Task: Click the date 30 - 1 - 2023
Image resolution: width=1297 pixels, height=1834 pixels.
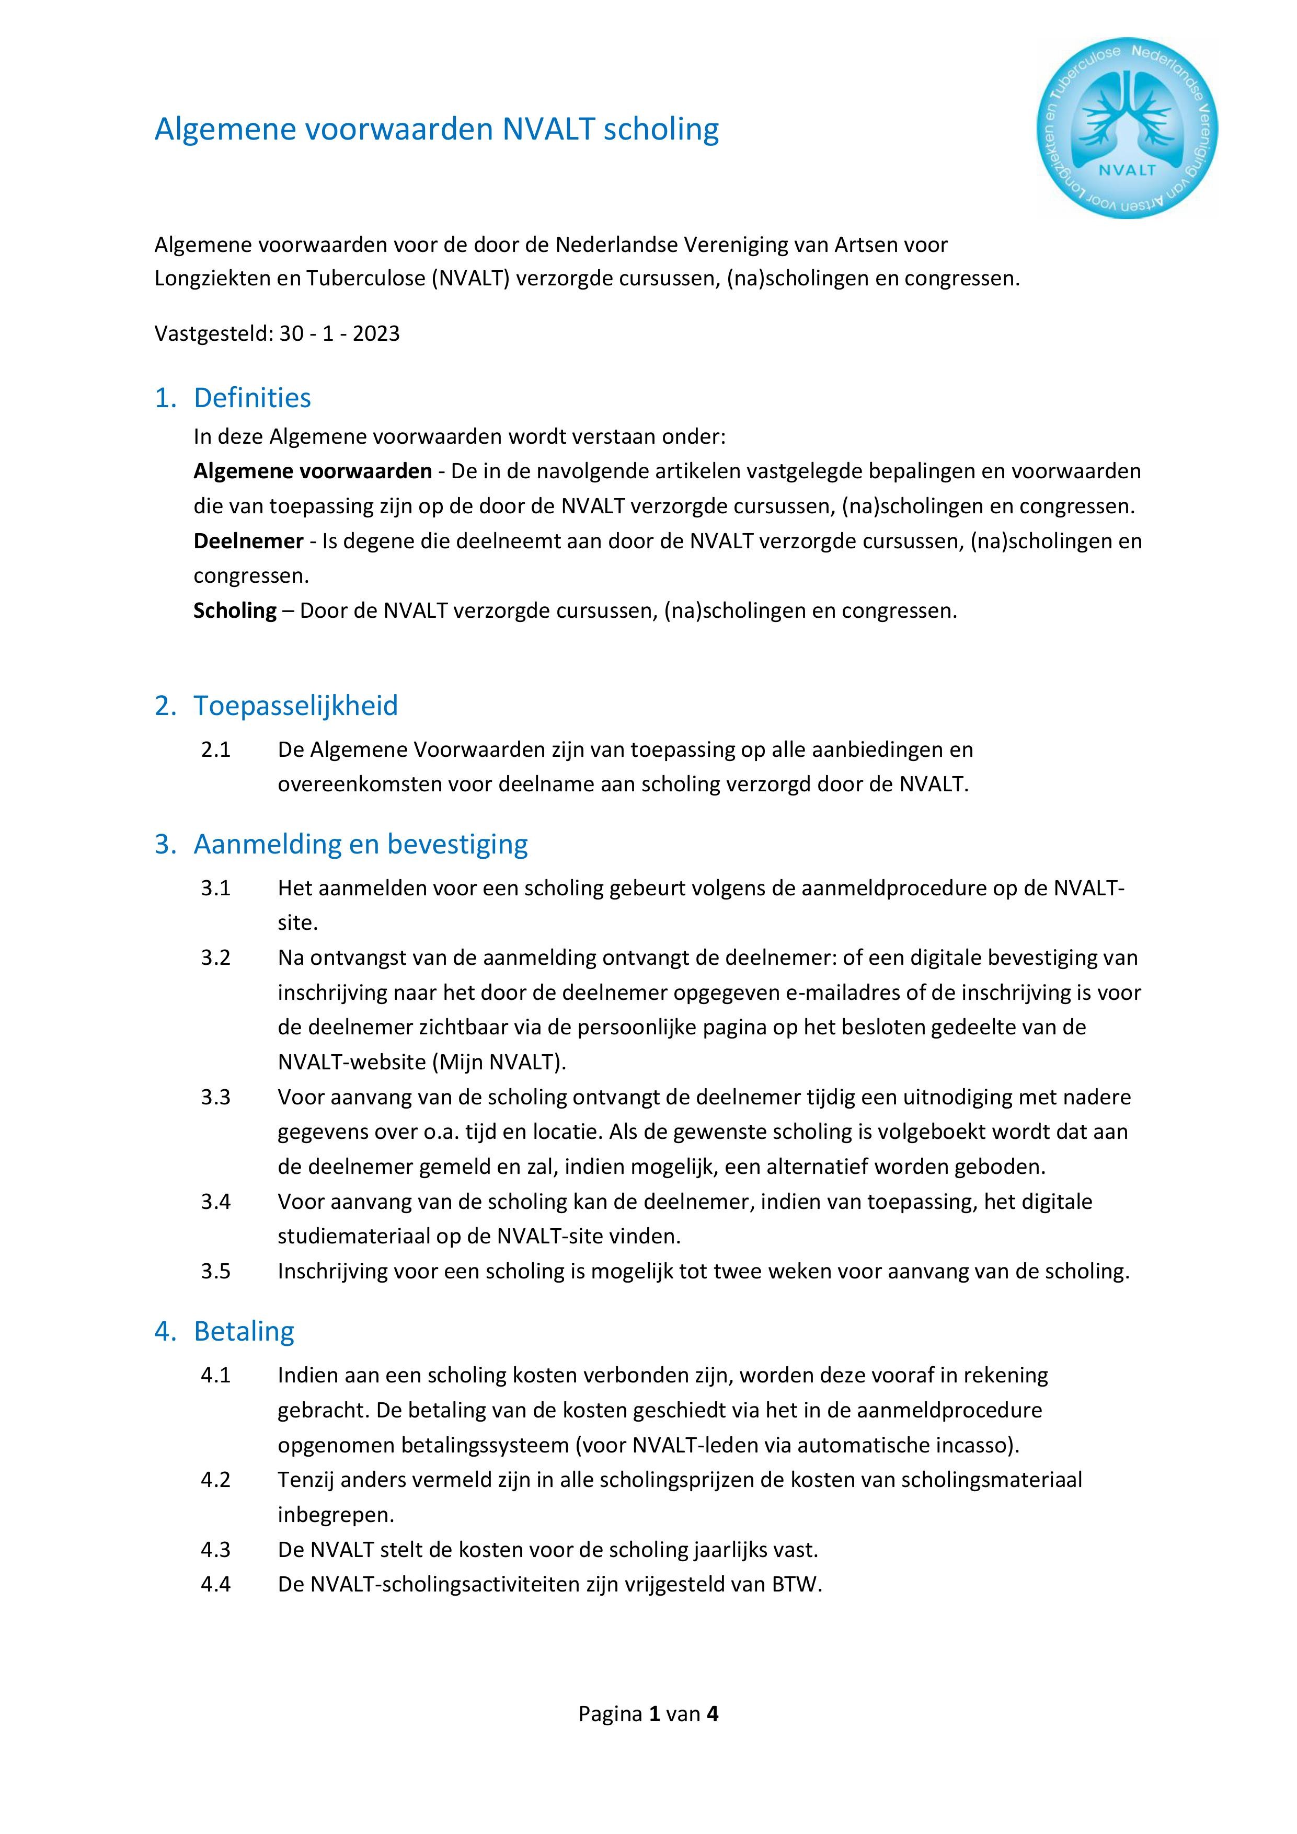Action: tap(340, 333)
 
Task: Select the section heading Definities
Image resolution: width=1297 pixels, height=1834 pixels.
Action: tap(252, 398)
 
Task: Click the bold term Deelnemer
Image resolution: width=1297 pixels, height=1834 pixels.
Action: tap(248, 541)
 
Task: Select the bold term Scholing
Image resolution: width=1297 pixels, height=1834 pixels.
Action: tap(235, 610)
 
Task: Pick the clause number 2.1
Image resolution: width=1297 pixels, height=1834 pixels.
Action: tap(216, 749)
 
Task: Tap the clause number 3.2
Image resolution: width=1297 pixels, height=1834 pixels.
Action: tap(216, 957)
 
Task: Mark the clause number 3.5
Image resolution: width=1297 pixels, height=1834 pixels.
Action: tap(216, 1271)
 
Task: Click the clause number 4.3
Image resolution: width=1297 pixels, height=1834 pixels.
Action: tap(216, 1550)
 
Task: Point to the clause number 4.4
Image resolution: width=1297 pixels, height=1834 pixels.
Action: tap(216, 1584)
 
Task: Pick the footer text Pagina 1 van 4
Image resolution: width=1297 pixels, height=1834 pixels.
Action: tap(648, 1713)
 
